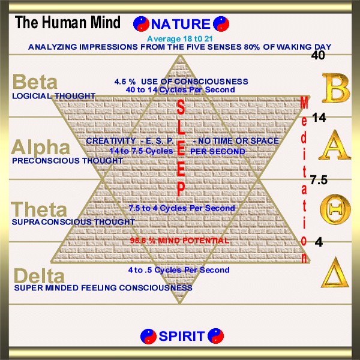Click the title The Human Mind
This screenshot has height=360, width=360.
pyautogui.click(x=67, y=23)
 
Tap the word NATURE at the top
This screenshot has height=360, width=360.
pyautogui.click(x=181, y=25)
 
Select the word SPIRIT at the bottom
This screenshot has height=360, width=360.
pyautogui.click(x=182, y=336)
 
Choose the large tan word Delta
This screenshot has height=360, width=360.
pyautogui.click(x=38, y=276)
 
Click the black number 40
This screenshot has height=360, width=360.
pyautogui.click(x=318, y=55)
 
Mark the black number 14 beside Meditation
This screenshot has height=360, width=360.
pyautogui.click(x=319, y=118)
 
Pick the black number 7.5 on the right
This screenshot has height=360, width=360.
pyautogui.click(x=319, y=179)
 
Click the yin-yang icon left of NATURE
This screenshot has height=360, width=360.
pyautogui.click(x=141, y=24)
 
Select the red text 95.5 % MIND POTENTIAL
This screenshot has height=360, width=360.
pyautogui.click(x=180, y=241)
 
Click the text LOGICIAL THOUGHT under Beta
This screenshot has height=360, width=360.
pyautogui.click(x=53, y=95)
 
